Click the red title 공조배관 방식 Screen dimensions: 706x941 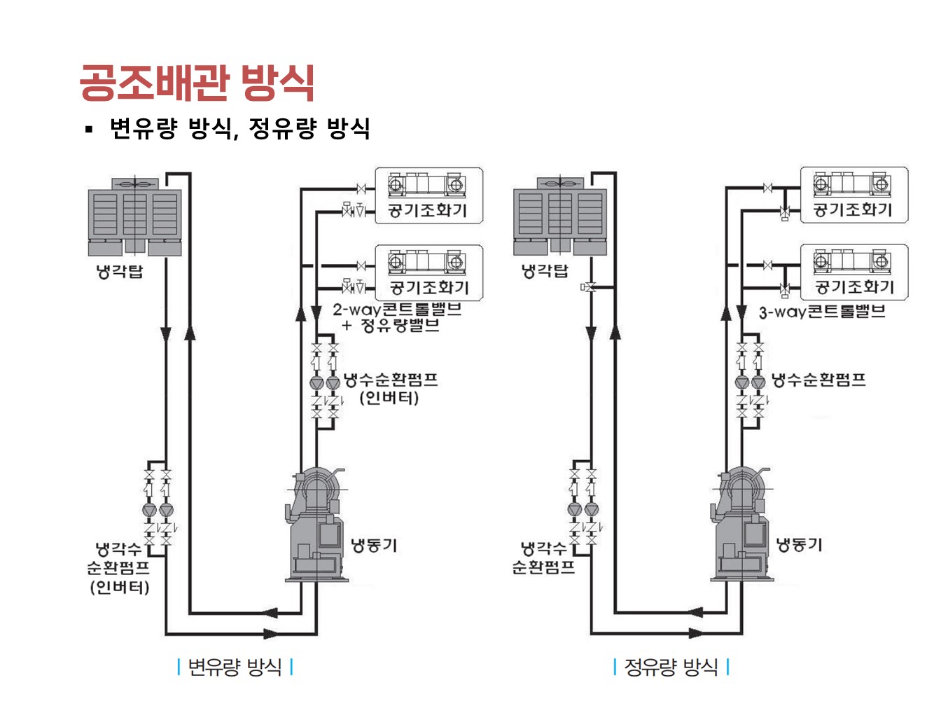coord(197,83)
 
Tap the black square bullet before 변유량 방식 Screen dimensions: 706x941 coord(88,129)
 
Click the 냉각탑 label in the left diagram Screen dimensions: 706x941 coord(119,271)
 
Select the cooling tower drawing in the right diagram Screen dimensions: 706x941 coord(559,216)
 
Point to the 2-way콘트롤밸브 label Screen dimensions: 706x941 coord(397,310)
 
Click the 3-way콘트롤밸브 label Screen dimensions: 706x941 coord(822,312)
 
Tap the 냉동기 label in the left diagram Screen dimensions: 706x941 coord(374,545)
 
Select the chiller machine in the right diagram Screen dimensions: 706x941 coord(741,525)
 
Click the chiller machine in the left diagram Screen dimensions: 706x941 coord(316,525)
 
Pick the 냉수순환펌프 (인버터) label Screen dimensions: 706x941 coord(390,389)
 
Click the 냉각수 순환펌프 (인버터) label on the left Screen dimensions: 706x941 coord(118,567)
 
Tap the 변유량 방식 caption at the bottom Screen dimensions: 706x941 coord(235,667)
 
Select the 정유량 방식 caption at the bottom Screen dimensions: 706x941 coord(671,667)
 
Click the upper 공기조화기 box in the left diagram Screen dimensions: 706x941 coord(428,195)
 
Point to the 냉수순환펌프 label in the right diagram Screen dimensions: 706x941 coord(818,380)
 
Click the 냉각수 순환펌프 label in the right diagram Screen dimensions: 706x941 coord(543,558)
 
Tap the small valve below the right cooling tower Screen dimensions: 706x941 coord(588,287)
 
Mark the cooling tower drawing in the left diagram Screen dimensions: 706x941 coord(134,216)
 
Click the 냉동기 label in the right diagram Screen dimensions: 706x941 coord(800,545)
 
